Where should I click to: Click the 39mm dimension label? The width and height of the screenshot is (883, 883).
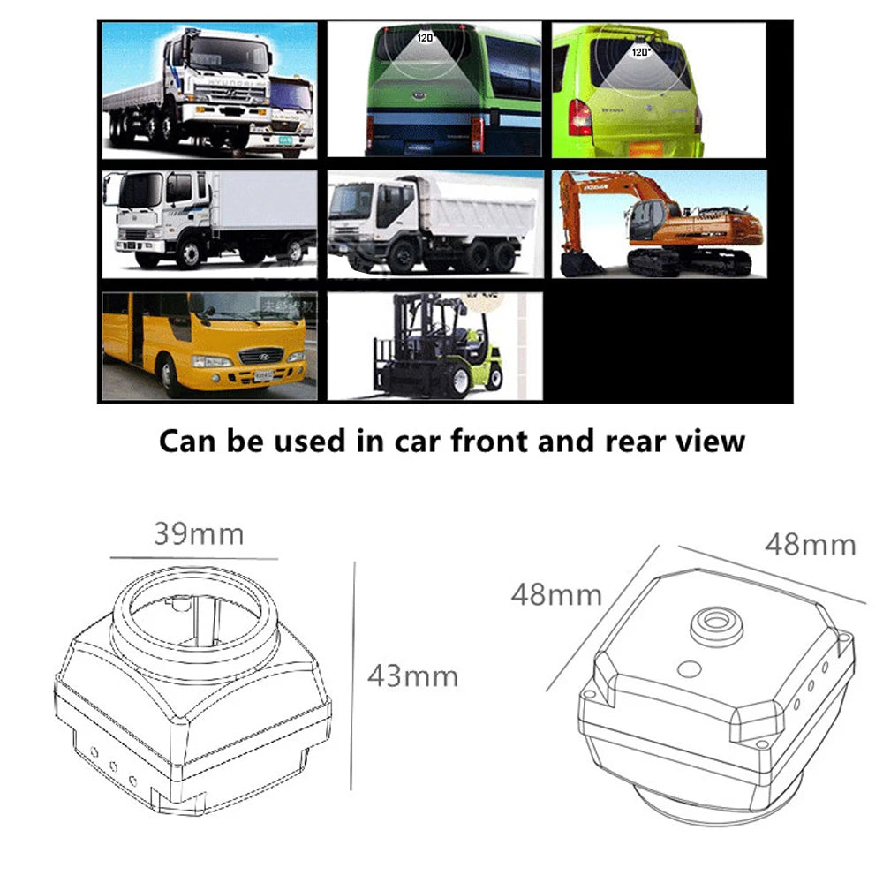198,534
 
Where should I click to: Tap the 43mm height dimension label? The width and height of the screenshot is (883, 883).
412,676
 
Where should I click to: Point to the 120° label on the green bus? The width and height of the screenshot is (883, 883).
426,38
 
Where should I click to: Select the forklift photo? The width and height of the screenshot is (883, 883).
434,346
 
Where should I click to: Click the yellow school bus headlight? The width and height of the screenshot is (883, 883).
212,361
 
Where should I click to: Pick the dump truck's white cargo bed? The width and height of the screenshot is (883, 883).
477,215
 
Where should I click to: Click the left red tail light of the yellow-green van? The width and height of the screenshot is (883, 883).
579,117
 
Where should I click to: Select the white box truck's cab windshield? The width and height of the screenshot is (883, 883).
140,191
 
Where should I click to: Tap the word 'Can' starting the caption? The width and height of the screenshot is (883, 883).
189,440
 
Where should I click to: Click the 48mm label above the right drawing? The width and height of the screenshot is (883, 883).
810,544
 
